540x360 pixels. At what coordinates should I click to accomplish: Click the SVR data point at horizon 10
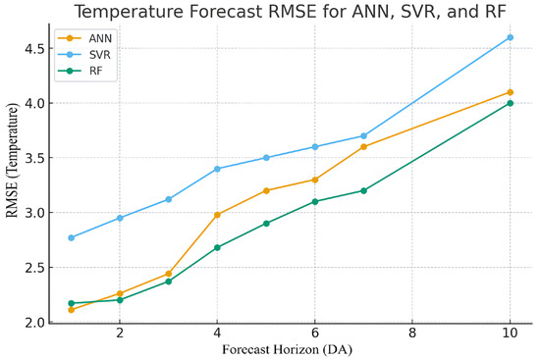pos(510,37)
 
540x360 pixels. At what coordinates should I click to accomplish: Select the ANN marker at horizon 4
pos(217,215)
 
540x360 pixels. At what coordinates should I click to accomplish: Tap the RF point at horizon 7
pos(363,190)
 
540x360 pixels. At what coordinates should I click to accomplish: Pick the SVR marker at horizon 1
pos(72,237)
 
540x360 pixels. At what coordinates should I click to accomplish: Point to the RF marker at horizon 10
pos(510,103)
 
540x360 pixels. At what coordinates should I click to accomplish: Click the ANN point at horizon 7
pos(363,147)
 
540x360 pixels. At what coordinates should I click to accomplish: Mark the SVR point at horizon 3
pos(169,199)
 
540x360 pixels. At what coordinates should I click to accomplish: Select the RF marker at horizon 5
pos(266,224)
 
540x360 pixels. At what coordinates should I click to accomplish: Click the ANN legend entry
pos(84,38)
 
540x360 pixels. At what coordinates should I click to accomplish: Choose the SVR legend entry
pos(84,54)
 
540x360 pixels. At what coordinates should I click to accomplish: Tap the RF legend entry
pos(81,71)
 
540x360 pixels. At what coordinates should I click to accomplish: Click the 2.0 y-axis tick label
pos(34,323)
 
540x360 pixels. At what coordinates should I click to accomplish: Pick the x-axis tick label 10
pos(510,334)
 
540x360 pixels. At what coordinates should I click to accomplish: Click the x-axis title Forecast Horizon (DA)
pos(288,349)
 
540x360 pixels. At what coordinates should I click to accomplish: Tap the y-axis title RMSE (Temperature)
pos(13,160)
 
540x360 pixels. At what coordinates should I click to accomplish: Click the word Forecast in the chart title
pos(226,12)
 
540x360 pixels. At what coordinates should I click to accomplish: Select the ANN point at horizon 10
pos(510,92)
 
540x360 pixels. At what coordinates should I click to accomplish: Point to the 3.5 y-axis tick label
pos(34,158)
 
